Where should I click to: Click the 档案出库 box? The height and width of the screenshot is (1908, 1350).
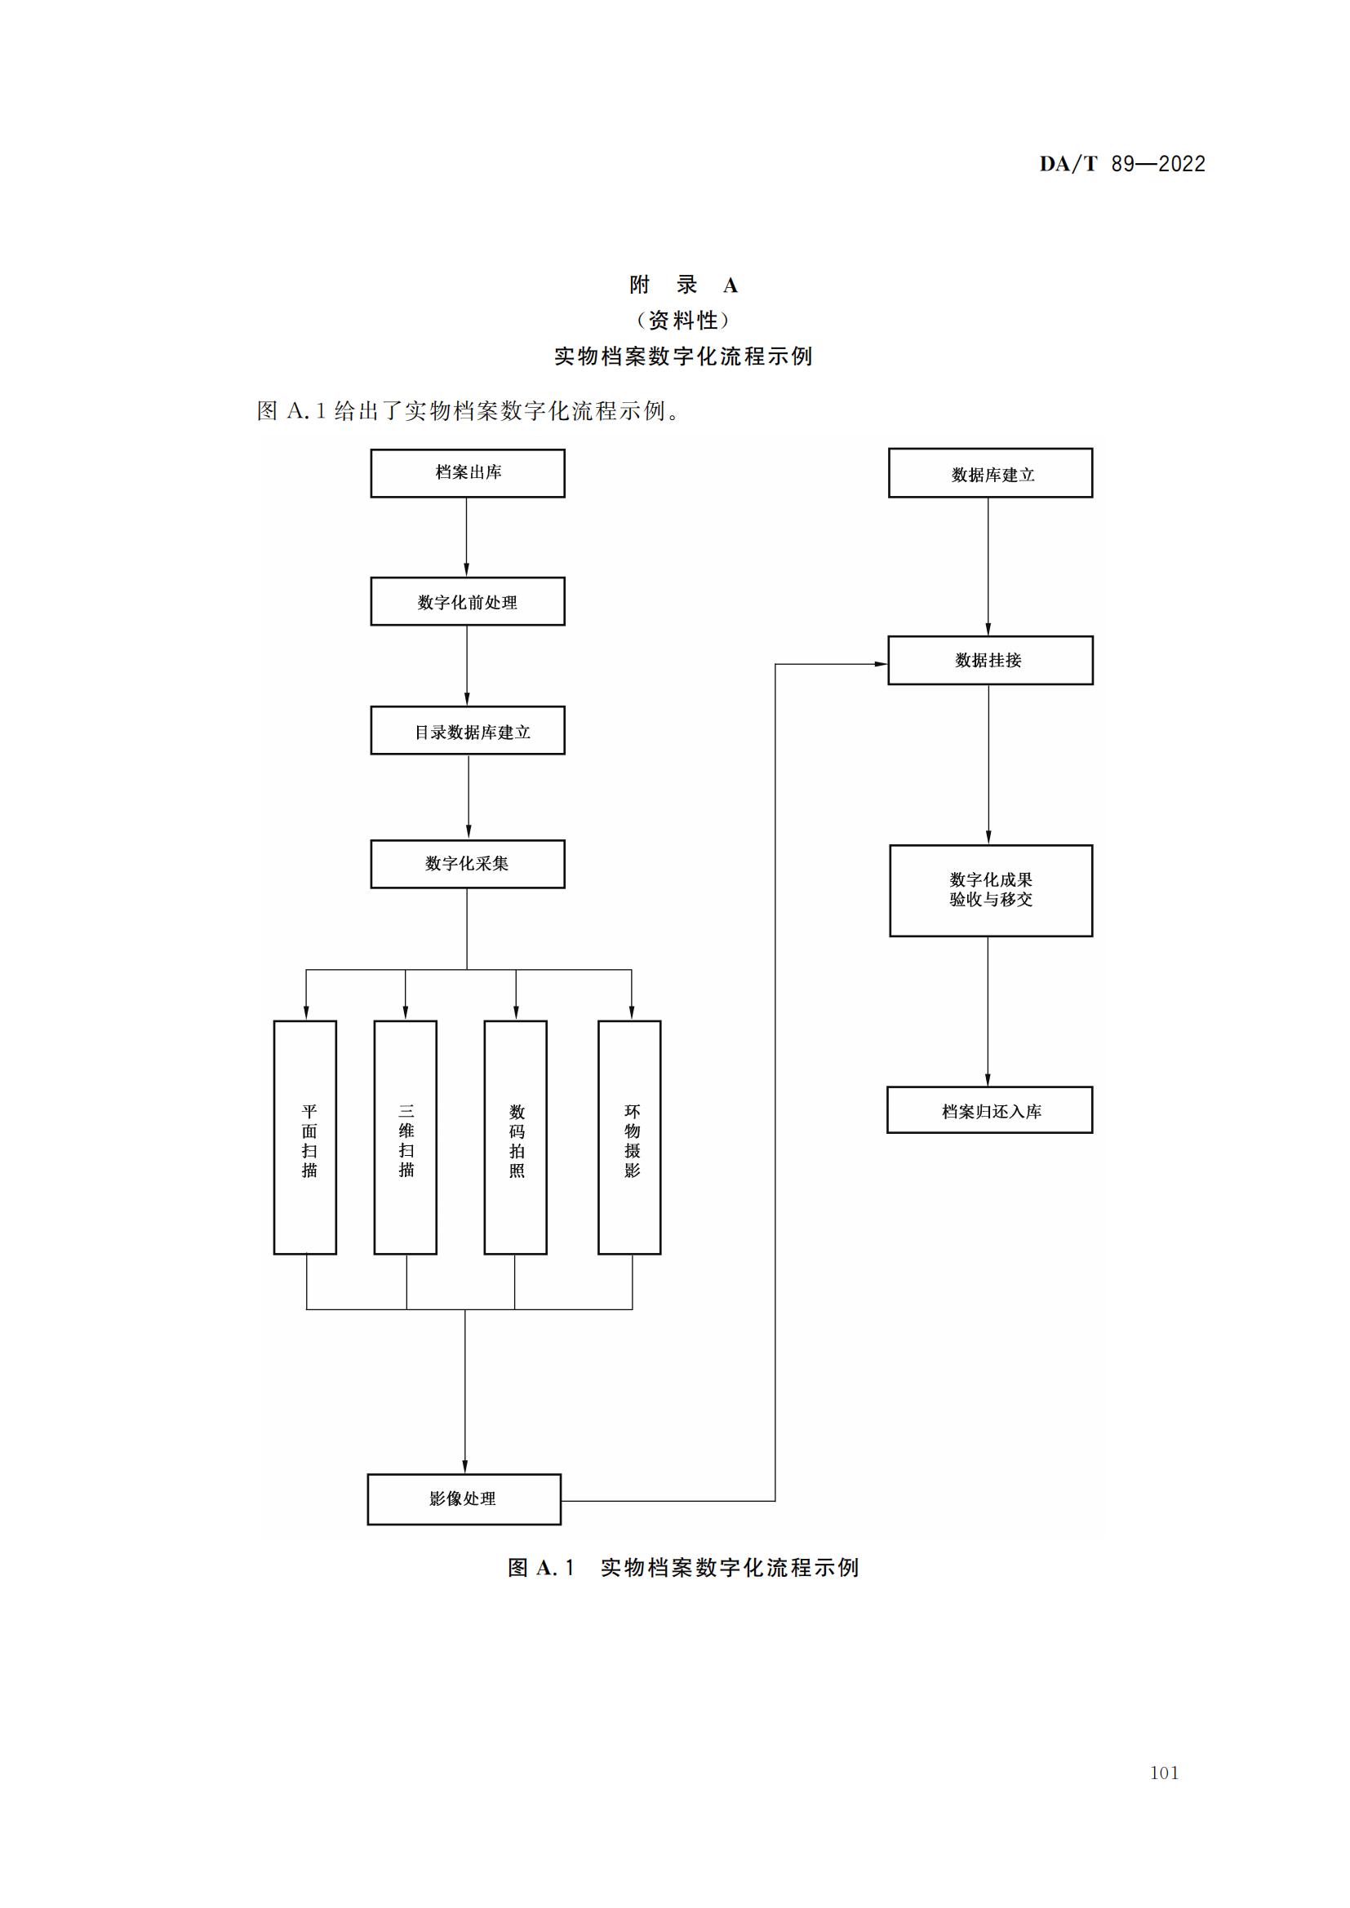click(467, 473)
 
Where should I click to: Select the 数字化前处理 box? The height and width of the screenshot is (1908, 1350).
click(467, 601)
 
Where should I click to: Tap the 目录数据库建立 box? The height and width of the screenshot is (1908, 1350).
click(467, 730)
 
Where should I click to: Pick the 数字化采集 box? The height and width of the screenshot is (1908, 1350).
click(467, 863)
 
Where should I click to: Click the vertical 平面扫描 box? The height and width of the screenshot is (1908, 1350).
click(305, 1138)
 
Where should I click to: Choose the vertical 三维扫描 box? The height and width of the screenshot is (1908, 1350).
click(406, 1138)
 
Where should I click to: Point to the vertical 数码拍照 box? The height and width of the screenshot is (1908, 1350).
click(515, 1138)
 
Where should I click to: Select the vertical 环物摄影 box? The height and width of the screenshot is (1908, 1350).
click(629, 1138)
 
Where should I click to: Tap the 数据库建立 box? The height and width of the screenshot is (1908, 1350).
click(990, 473)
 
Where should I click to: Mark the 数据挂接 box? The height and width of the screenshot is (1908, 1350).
click(990, 661)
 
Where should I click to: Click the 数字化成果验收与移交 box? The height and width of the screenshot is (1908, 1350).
click(991, 890)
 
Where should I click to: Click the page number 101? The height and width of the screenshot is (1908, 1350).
click(1164, 1773)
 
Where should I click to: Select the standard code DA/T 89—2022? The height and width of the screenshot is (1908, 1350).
click(1122, 164)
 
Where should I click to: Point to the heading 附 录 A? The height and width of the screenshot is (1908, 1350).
click(683, 285)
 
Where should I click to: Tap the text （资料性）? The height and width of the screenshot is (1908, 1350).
click(683, 320)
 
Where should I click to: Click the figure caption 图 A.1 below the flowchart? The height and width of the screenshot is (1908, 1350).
click(683, 1567)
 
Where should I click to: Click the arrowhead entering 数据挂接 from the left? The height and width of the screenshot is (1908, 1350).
click(881, 664)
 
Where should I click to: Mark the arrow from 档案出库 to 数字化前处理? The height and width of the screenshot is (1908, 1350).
click(466, 538)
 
